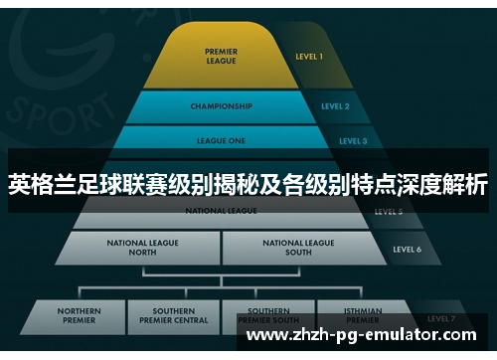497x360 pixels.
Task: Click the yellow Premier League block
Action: [x=221, y=56]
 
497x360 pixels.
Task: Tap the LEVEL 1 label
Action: [x=309, y=57]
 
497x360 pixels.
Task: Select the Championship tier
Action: [x=221, y=106]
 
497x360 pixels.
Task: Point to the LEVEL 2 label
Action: [x=335, y=106]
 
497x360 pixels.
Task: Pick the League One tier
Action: [x=221, y=141]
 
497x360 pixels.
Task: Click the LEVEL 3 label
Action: [x=353, y=141]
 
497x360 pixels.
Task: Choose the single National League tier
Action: [x=221, y=212]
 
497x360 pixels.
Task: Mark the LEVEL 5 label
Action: [x=388, y=212]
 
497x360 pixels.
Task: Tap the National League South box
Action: [x=298, y=247]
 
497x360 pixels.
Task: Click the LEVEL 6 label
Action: [x=407, y=249]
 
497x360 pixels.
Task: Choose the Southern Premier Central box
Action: [x=173, y=316]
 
